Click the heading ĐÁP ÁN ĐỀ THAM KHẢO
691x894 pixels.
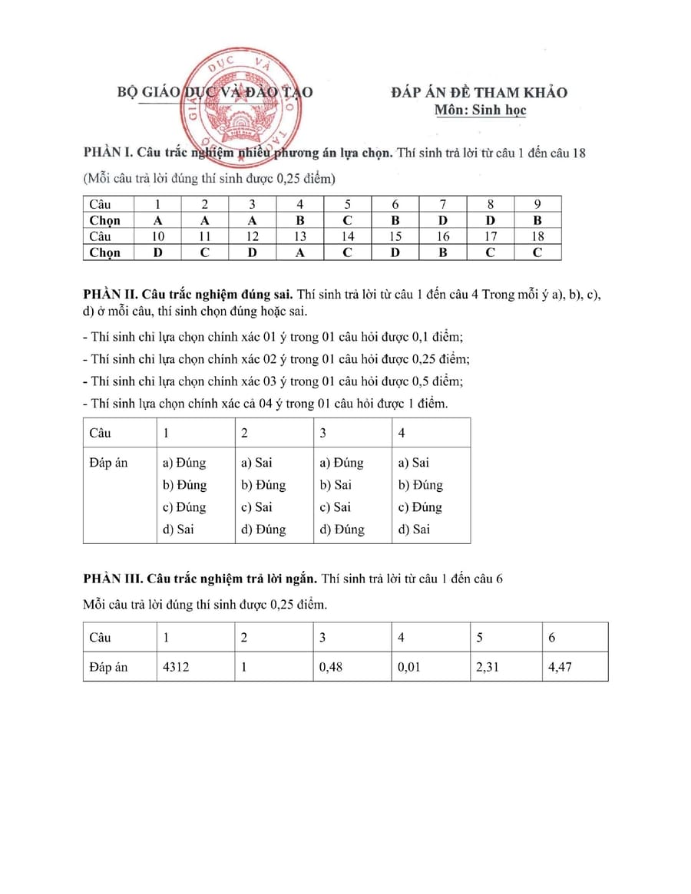[479, 92]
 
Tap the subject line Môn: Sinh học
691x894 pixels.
[480, 110]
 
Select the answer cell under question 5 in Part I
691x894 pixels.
[348, 220]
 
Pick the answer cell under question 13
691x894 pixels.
[300, 252]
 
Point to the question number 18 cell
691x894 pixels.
[537, 236]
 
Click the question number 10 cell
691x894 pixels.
[157, 236]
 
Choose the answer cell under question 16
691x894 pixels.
[443, 252]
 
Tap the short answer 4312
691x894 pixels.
[176, 667]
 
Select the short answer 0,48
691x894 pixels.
[331, 667]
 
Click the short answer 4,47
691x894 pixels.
[560, 667]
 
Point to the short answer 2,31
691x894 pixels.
[488, 667]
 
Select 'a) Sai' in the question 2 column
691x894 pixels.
[256, 463]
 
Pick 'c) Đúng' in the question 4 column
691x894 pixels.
[420, 506]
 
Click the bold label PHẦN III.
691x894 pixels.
[112, 579]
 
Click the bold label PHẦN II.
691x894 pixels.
[109, 293]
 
